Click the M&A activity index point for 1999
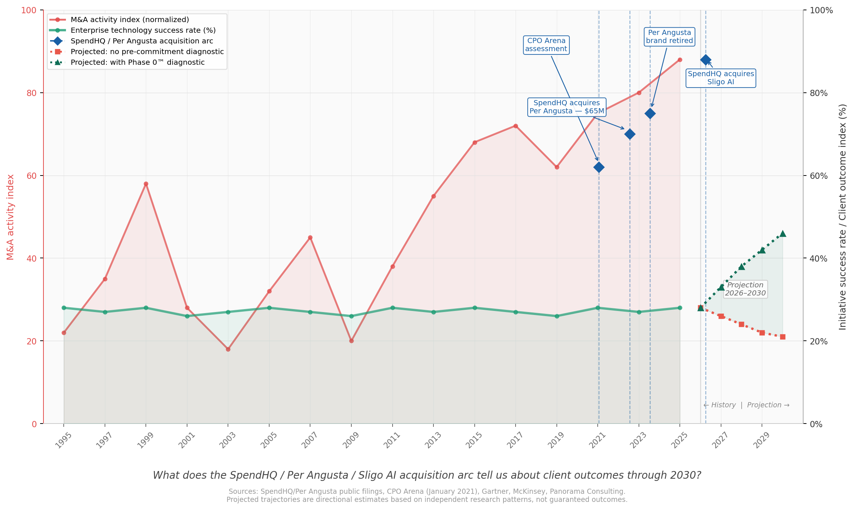click(x=146, y=184)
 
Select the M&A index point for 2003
click(x=228, y=349)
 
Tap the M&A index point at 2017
click(x=516, y=126)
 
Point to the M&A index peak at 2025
click(x=680, y=60)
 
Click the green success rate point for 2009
click(x=351, y=316)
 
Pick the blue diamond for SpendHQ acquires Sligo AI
click(x=706, y=60)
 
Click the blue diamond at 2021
click(x=599, y=167)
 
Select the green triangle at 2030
click(x=783, y=234)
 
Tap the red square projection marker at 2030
click(x=783, y=337)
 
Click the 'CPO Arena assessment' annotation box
click(x=546, y=45)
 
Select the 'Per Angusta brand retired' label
click(x=670, y=37)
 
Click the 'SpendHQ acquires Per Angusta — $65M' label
click(x=567, y=107)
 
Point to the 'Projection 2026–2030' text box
click(x=745, y=289)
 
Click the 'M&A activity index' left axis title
click(x=10, y=217)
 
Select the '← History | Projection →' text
click(x=746, y=405)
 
